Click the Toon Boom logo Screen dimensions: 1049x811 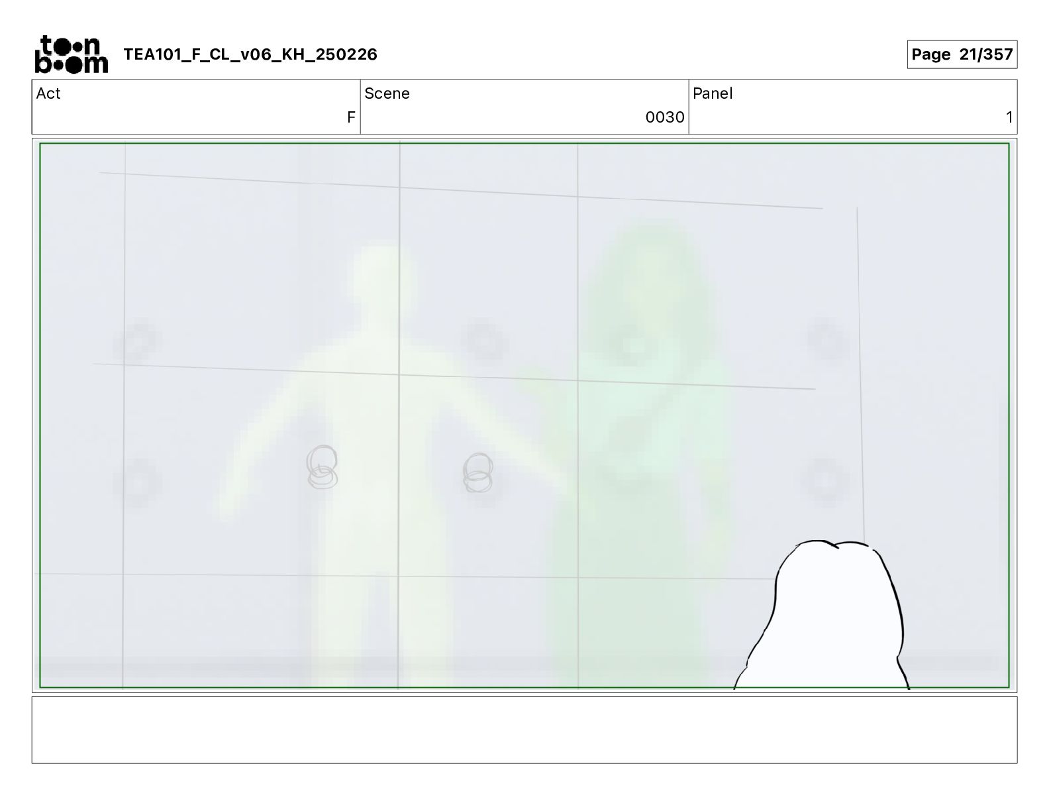[x=72, y=54]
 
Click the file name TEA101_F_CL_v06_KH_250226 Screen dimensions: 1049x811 [x=250, y=54]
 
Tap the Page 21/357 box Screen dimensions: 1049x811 [x=962, y=54]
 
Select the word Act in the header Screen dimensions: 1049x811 [x=48, y=93]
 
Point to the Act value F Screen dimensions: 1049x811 [x=351, y=117]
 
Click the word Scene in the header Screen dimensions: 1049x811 [x=387, y=93]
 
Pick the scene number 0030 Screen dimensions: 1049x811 [x=665, y=117]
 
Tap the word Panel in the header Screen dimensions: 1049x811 [x=713, y=93]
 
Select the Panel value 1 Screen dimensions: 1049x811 [x=1009, y=117]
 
